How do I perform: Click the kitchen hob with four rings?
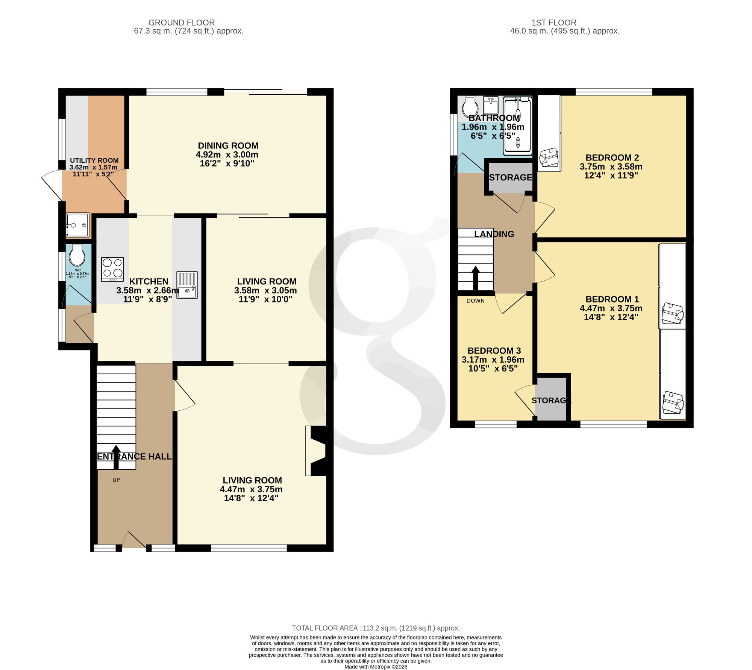[112, 269]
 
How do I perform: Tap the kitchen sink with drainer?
[187, 285]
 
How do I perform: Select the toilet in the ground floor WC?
[77, 256]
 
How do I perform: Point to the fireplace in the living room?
[316, 451]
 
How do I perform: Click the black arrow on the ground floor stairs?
[116, 457]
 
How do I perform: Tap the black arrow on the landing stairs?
[476, 278]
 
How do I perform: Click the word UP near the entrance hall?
[116, 480]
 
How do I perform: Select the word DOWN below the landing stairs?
[476, 301]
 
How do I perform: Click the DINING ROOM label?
[228, 146]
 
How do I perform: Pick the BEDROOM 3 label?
[494, 351]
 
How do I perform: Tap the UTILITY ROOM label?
[94, 160]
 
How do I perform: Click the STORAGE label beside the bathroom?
[511, 177]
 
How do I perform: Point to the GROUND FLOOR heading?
[182, 23]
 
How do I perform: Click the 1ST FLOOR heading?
[554, 23]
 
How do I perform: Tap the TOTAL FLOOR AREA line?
[376, 628]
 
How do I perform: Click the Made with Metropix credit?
[376, 667]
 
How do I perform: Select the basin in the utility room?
[78, 225]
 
